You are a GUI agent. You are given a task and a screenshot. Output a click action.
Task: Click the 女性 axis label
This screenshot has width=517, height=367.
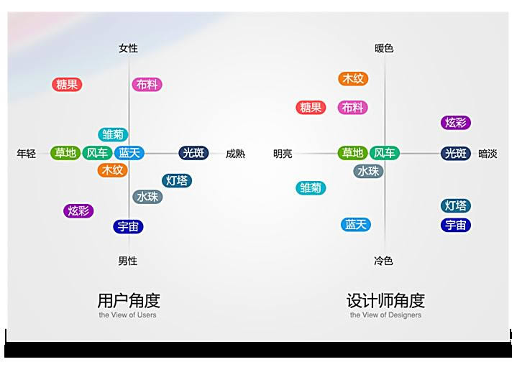(128, 48)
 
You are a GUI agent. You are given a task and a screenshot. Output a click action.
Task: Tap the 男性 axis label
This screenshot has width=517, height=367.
(128, 261)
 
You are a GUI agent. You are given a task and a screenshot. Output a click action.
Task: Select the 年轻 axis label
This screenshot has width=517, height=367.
(27, 154)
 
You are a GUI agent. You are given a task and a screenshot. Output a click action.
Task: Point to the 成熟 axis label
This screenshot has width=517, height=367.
(235, 154)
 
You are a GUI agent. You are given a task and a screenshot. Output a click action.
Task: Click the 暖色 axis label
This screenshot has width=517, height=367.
(384, 48)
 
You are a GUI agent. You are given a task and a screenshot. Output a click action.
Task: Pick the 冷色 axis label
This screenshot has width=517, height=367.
(383, 261)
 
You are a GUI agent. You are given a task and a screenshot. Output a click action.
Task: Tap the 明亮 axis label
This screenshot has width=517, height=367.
(283, 154)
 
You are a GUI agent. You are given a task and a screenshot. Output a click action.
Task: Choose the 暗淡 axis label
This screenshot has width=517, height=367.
(488, 154)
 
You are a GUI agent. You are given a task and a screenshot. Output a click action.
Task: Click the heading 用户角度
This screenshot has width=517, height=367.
(129, 300)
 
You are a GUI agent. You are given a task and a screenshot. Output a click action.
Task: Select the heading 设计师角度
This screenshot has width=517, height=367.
(385, 300)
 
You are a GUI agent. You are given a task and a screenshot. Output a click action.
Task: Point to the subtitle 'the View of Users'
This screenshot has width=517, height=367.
(127, 315)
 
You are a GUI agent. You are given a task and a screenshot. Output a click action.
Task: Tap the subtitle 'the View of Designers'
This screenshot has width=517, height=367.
(385, 315)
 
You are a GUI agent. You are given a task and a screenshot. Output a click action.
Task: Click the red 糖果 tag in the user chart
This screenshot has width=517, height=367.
(67, 85)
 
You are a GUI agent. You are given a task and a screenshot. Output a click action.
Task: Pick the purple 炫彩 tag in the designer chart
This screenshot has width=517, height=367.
(456, 123)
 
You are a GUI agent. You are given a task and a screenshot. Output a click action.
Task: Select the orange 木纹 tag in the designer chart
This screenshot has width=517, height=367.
(353, 79)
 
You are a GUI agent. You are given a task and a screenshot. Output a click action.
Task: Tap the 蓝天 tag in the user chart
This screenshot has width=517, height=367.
(129, 153)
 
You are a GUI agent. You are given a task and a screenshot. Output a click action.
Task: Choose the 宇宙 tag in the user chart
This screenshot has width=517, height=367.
(128, 227)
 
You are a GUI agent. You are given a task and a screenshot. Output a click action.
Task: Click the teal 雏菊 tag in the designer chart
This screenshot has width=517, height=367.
(311, 187)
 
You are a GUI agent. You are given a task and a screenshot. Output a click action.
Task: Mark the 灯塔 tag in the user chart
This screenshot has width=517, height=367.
(177, 180)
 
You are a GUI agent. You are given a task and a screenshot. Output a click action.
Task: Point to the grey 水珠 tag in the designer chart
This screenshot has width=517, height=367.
(368, 171)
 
